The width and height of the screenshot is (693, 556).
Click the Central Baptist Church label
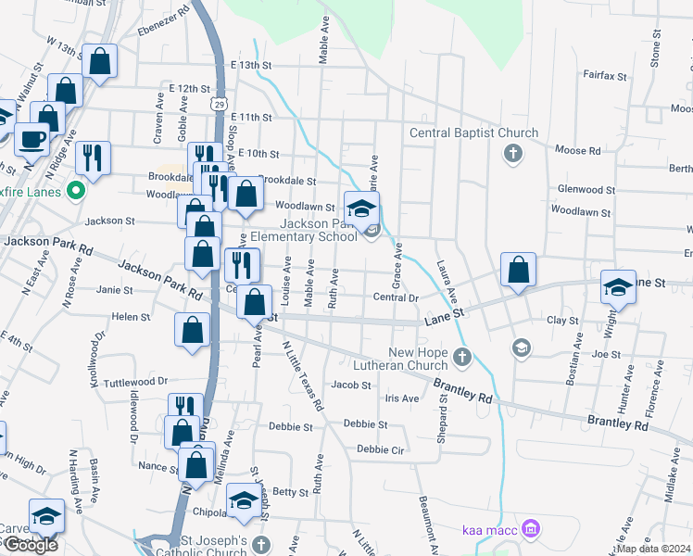473,133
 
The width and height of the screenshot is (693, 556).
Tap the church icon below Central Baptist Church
512,152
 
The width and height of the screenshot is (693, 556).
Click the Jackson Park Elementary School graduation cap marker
362,207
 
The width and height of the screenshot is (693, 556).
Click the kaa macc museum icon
530,529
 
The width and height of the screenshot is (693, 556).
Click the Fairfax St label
606,75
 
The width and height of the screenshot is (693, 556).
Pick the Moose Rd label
577,150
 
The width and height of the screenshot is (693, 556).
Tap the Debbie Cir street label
381,450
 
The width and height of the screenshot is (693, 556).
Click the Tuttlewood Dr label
135,381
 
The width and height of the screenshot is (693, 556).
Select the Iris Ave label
401,398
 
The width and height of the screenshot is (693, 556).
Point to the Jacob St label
351,385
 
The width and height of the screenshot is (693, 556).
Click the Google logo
31,546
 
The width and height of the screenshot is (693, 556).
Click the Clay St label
562,321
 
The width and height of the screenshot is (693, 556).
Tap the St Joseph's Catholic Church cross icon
261,544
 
